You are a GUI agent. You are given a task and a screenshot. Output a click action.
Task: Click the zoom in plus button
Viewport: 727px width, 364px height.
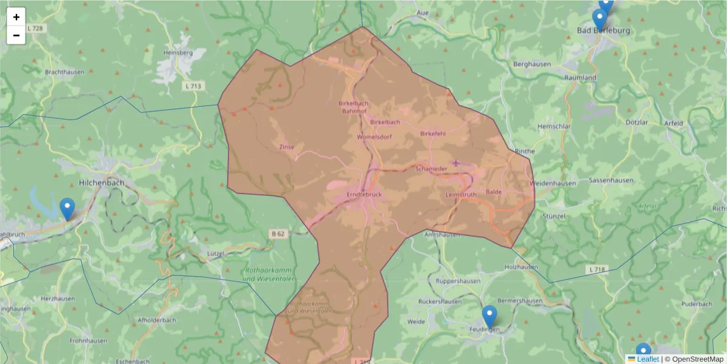(x=16, y=17)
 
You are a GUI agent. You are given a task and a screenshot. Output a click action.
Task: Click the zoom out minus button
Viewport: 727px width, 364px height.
(x=16, y=35)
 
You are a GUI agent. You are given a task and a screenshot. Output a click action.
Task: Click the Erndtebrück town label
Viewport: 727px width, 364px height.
(x=364, y=195)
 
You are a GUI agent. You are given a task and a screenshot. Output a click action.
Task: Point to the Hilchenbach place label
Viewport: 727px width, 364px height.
(x=102, y=182)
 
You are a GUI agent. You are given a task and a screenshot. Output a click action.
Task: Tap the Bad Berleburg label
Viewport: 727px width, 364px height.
(x=603, y=30)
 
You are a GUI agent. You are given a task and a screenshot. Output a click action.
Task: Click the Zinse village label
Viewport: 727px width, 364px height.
(x=287, y=147)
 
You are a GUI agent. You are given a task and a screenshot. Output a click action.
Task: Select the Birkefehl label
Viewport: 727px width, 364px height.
(x=433, y=133)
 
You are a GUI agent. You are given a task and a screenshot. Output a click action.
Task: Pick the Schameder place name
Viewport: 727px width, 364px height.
(x=431, y=169)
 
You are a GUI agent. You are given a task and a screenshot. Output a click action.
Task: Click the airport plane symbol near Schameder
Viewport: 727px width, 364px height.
(x=456, y=162)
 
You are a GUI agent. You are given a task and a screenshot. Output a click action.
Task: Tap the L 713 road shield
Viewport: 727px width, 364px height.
(x=192, y=86)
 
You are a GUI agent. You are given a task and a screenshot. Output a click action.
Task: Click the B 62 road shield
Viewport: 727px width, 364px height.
(x=277, y=232)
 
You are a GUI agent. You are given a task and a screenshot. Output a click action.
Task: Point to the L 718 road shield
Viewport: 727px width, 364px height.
(x=597, y=269)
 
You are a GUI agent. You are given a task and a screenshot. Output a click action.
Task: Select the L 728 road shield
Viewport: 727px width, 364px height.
(x=36, y=29)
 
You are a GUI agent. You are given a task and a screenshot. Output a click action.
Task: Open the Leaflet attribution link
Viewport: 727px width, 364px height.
(x=648, y=359)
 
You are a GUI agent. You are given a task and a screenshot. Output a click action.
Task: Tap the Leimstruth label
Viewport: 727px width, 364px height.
(x=460, y=195)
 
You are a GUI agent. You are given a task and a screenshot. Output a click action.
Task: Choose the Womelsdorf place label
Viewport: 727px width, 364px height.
(x=374, y=137)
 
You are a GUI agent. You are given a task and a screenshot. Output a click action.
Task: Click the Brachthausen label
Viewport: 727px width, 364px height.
(x=64, y=72)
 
